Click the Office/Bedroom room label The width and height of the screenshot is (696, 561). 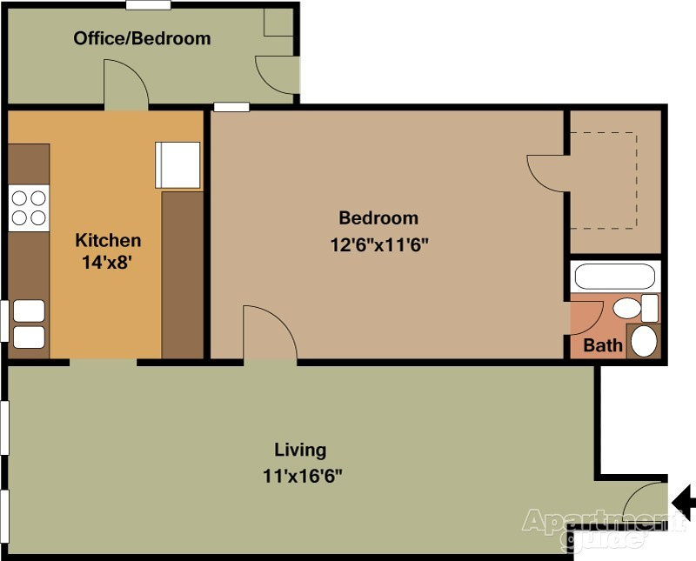(142, 38)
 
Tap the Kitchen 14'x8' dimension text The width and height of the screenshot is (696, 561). (108, 261)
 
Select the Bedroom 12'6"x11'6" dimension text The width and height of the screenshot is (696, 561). (378, 244)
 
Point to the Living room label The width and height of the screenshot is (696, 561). (300, 450)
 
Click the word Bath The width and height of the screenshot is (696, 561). (603, 345)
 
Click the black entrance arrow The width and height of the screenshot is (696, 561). (685, 500)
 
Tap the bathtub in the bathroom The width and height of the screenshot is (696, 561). (614, 277)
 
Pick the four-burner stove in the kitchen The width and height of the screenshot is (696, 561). (28, 209)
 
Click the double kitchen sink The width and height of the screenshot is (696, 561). (29, 324)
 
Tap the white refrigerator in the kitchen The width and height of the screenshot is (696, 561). (177, 165)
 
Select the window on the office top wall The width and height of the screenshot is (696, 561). (148, 5)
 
